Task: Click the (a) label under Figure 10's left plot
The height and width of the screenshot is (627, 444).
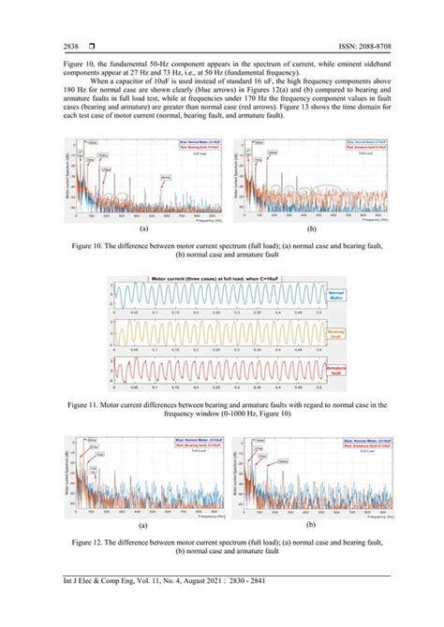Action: [143, 226]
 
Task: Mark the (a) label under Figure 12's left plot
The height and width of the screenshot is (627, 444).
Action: [143, 526]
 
